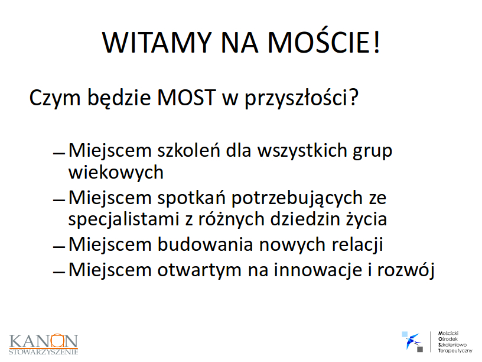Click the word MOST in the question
(186, 98)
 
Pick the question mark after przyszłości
(353, 97)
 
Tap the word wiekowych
(116, 172)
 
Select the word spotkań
(191, 198)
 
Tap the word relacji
(357, 245)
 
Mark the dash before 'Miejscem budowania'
(59, 247)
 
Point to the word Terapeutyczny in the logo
(455, 351)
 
